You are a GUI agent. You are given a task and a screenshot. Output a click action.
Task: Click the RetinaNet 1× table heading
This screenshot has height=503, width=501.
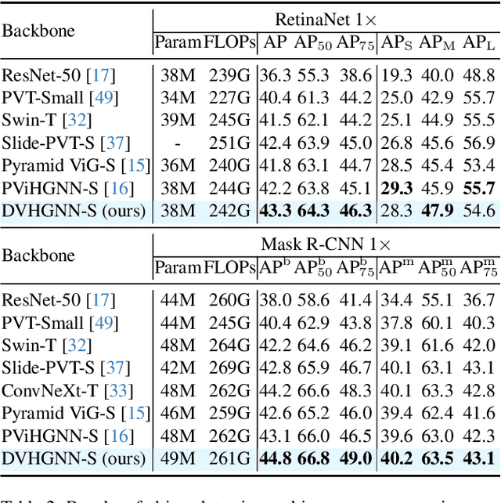pyautogui.click(x=325, y=20)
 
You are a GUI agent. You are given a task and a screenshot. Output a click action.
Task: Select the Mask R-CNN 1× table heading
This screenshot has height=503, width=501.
pyautogui.click(x=325, y=244)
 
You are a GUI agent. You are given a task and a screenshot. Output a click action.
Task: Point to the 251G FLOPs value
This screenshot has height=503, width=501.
pyautogui.click(x=229, y=143)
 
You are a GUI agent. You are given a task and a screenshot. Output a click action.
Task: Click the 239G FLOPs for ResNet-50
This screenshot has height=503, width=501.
pyautogui.click(x=229, y=75)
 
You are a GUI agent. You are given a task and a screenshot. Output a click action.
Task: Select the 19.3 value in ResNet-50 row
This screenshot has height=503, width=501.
pyautogui.click(x=396, y=75)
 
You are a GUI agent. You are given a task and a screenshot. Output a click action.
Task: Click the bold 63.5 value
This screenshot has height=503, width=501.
pyautogui.click(x=438, y=458)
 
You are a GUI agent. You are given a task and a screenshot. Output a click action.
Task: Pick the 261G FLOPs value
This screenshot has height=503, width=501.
pyautogui.click(x=229, y=458)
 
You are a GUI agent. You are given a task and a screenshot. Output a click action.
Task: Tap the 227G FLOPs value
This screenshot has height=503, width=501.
pyautogui.click(x=229, y=98)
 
